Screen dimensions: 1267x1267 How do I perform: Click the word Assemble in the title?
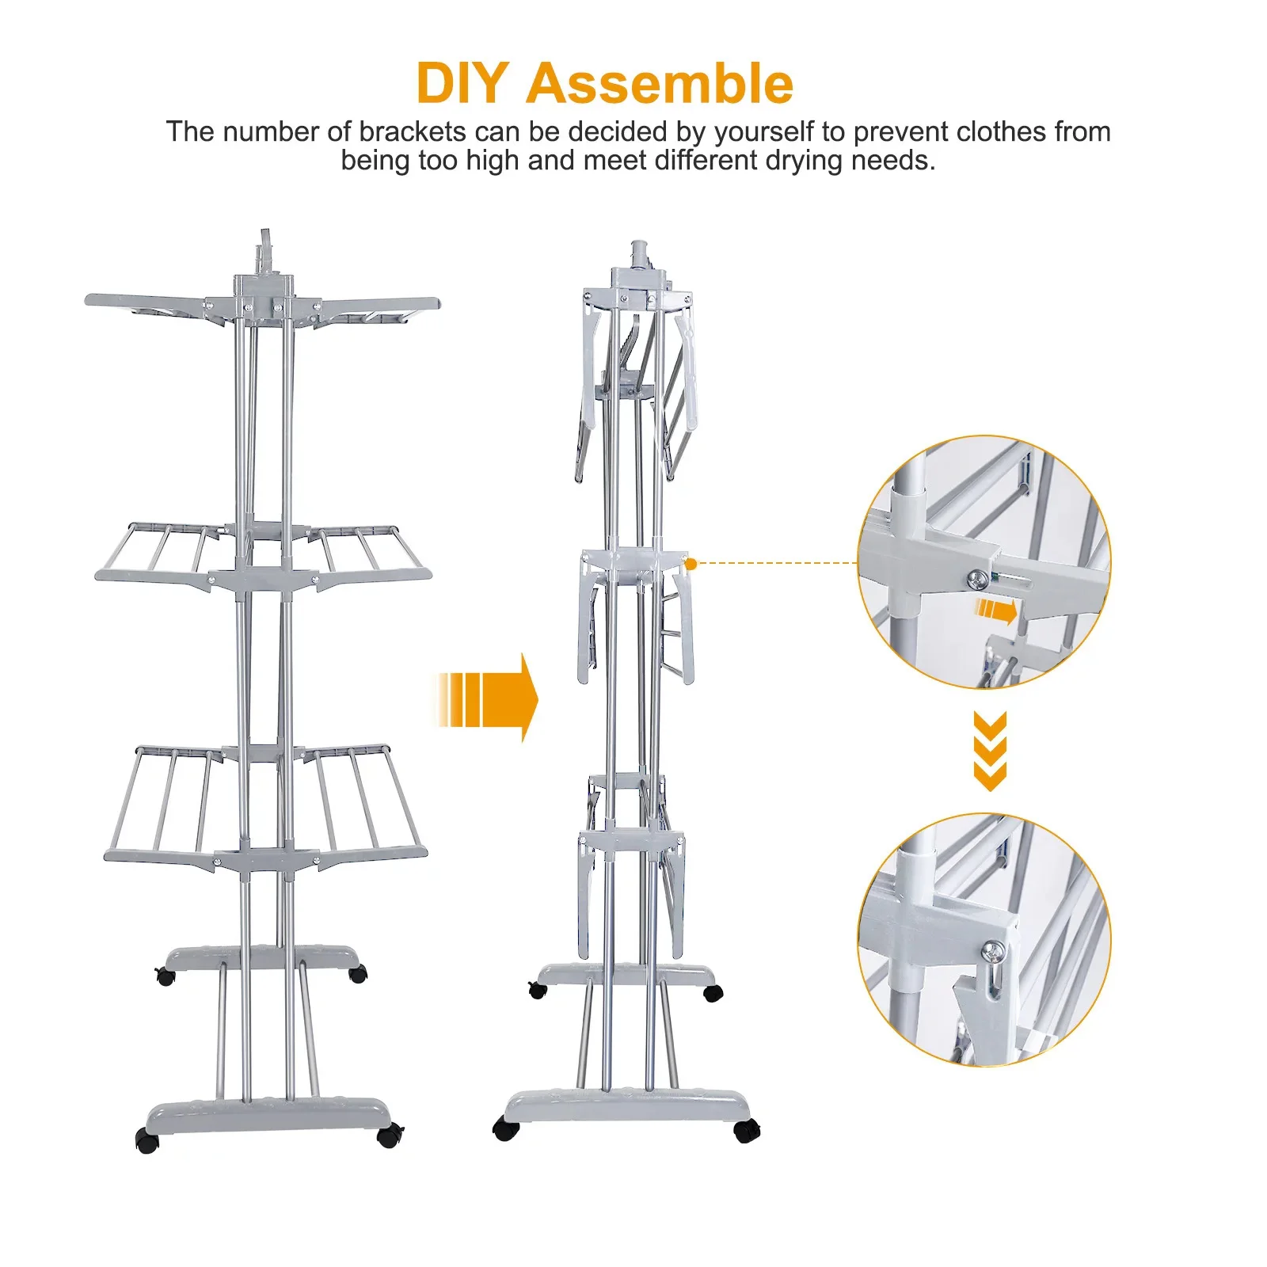(x=660, y=83)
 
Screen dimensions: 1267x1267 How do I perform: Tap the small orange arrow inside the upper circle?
(x=996, y=611)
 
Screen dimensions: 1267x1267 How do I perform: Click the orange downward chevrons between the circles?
(x=990, y=751)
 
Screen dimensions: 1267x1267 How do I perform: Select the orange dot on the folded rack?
(x=691, y=564)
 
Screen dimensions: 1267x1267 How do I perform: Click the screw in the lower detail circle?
(x=992, y=949)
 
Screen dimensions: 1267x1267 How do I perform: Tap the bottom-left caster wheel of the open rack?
(x=147, y=1140)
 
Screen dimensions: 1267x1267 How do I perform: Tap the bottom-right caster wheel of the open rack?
(x=389, y=1136)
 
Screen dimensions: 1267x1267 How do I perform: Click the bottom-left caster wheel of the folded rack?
(x=505, y=1129)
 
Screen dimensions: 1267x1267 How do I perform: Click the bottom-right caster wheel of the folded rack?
(x=746, y=1131)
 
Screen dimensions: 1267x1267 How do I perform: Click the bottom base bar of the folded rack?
(x=626, y=1105)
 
